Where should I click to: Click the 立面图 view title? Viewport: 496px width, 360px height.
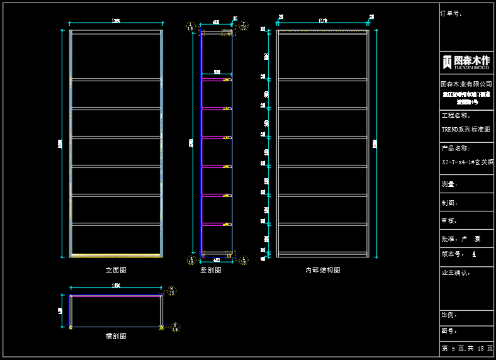(116, 270)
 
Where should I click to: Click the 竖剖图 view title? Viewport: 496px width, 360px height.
(210, 270)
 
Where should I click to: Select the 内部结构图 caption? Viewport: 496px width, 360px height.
(322, 270)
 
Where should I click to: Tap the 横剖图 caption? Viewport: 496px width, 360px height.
(116, 336)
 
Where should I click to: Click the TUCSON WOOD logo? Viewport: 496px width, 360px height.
(466, 62)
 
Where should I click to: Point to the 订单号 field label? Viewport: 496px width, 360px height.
(451, 13)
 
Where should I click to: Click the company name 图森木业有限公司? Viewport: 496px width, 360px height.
(466, 84)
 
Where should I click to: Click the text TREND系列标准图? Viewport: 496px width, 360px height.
(465, 130)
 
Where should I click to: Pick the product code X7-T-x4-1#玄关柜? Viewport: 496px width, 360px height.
(467, 162)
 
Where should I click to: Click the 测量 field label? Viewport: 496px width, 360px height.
(449, 184)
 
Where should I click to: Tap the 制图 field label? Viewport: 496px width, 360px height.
(449, 203)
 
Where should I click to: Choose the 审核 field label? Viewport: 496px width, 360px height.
(449, 221)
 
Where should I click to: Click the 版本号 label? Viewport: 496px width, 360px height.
(453, 254)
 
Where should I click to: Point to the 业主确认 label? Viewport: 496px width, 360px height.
(456, 273)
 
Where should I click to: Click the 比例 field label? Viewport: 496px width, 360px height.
(449, 315)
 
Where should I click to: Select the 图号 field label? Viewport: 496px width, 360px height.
(449, 330)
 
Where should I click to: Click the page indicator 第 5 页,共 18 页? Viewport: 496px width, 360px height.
(466, 348)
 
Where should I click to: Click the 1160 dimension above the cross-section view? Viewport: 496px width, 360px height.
(116, 286)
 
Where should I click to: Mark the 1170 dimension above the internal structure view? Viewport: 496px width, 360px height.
(323, 21)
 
